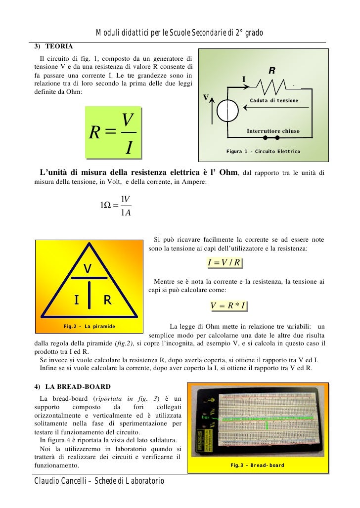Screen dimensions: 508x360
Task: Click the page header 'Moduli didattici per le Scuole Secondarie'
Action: click(x=180, y=33)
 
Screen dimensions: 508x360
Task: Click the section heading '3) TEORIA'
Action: click(x=53, y=46)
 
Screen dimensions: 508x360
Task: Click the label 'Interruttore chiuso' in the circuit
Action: click(x=273, y=131)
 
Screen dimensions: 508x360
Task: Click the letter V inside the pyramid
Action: click(x=88, y=268)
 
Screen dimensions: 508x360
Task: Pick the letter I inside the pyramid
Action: click(x=76, y=299)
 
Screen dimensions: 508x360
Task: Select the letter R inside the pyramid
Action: click(x=107, y=299)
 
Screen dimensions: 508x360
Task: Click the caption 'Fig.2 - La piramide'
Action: click(x=89, y=327)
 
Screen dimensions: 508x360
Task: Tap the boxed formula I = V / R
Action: click(x=225, y=263)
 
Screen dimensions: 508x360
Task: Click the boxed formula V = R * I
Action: click(x=228, y=306)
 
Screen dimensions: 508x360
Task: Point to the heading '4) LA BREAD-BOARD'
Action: click(x=72, y=386)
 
